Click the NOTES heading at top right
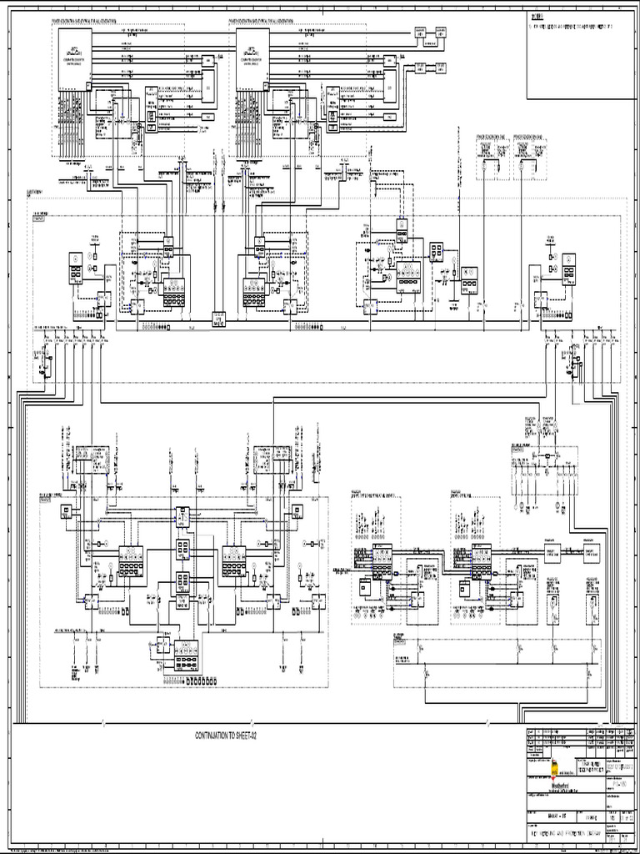[537, 16]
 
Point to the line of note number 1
[575, 27]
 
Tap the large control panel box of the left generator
[74, 59]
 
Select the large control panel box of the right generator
[252, 59]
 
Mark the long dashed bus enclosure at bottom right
[496, 664]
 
